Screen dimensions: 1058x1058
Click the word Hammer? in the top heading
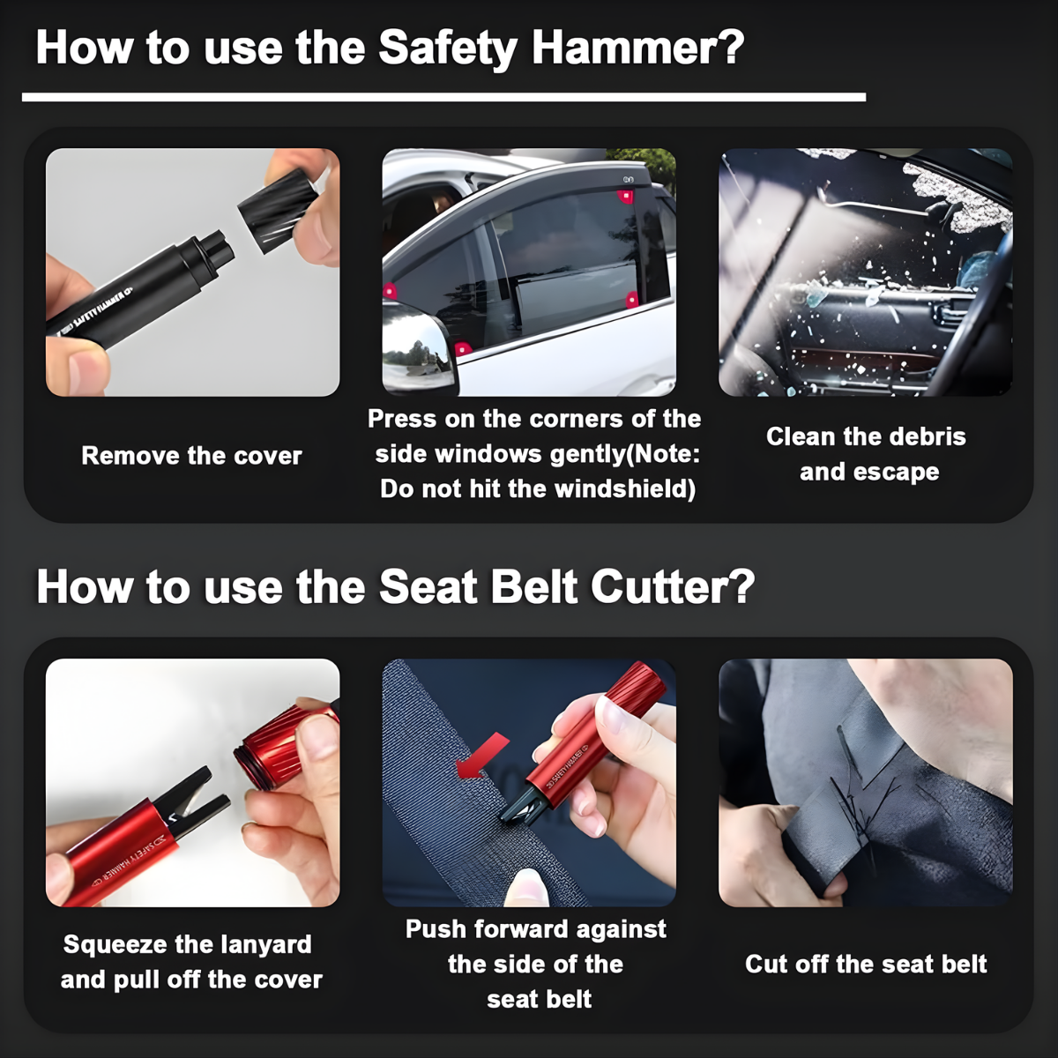pos(638,48)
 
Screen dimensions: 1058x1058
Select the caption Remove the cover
pos(191,456)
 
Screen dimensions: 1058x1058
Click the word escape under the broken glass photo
pos(896,472)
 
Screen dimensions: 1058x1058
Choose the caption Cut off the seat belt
pos(866,964)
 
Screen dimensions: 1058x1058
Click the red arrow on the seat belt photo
pos(482,756)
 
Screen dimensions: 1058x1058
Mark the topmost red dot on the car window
pos(626,196)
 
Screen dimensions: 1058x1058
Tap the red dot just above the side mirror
pos(389,291)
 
